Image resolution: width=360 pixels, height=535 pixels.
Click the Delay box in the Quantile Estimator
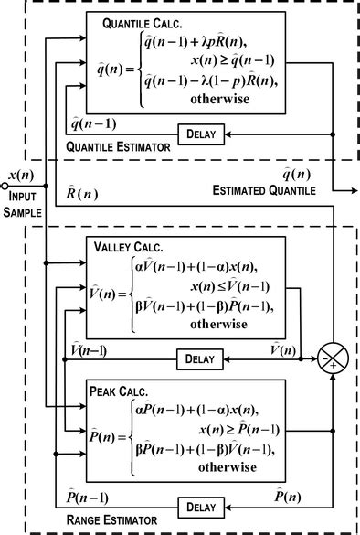(200, 134)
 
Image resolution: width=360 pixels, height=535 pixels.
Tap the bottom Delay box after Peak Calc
(202, 506)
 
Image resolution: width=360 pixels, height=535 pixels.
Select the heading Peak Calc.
(122, 390)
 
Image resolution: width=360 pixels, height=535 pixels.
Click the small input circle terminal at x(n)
(5, 185)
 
